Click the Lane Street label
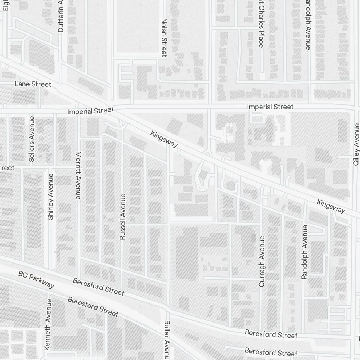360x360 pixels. [x=33, y=84]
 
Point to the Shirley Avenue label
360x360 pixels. [x=50, y=197]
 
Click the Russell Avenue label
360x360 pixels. [x=123, y=217]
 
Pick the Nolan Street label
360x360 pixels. [x=164, y=37]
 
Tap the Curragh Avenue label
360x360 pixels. [x=262, y=261]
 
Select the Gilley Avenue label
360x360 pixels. [x=356, y=144]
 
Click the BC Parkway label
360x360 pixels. [x=36, y=280]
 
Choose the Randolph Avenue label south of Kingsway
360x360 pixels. [x=305, y=252]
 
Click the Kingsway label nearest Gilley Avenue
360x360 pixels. [x=331, y=206]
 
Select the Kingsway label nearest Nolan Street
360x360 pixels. [x=164, y=139]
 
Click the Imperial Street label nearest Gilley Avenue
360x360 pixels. [x=270, y=107]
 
